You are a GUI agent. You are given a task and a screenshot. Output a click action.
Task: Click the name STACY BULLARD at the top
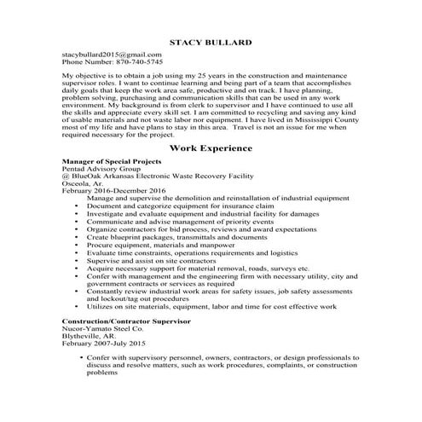(210, 41)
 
